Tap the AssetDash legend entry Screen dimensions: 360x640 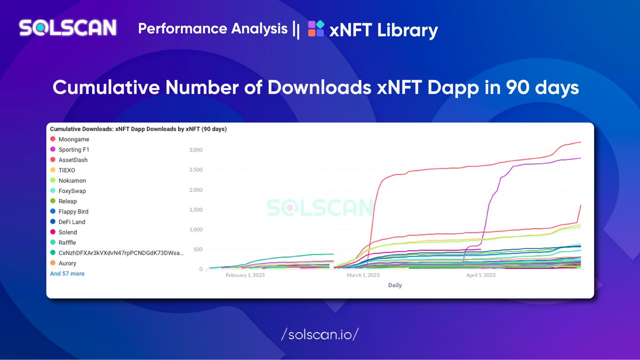tap(73, 160)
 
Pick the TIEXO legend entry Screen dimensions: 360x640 tap(67, 170)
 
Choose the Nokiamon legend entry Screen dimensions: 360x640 tap(71, 181)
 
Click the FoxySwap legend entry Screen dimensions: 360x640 tap(71, 191)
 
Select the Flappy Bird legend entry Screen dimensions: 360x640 tap(73, 212)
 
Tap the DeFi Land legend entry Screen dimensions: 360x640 tap(71, 222)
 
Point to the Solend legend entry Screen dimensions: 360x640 tap(67, 232)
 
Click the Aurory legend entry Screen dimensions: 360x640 tap(67, 263)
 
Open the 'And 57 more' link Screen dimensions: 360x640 tap(67, 274)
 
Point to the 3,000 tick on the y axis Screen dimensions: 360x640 tap(196, 150)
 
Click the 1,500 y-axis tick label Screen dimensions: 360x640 tap(196, 210)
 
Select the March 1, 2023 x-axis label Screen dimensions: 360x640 tap(363, 275)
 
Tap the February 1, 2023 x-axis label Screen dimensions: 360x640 tap(245, 275)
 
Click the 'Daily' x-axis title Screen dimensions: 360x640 tap(395, 285)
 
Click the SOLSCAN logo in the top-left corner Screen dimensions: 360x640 tap(68, 28)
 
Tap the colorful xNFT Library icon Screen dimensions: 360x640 tap(316, 29)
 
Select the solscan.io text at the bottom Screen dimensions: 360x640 tap(319, 334)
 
